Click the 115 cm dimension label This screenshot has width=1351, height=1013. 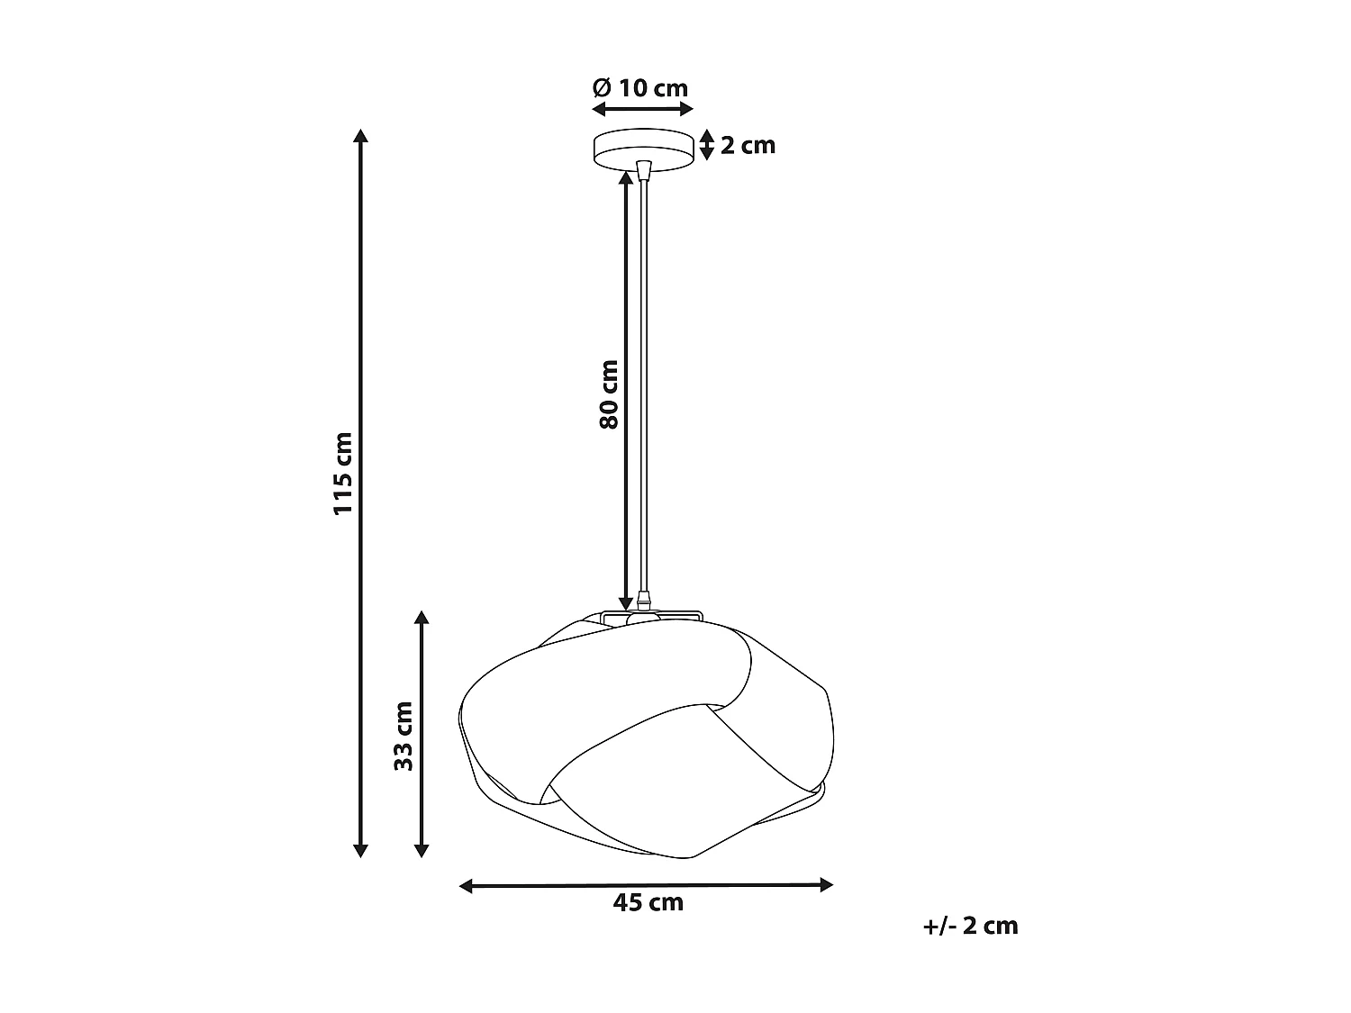tap(343, 474)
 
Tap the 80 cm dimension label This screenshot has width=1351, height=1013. tap(610, 394)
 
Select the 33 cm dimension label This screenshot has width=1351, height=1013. tap(403, 736)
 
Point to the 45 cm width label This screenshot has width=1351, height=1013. tap(648, 902)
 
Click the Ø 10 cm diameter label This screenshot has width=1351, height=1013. tap(640, 88)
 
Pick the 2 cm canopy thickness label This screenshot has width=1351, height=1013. tap(748, 145)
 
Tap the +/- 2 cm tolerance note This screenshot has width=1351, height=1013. tap(970, 926)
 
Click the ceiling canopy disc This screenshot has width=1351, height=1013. tap(642, 149)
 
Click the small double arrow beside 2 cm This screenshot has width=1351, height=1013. tap(707, 145)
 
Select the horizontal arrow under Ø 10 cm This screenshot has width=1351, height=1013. tap(642, 109)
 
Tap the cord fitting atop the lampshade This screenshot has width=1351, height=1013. tap(642, 600)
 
